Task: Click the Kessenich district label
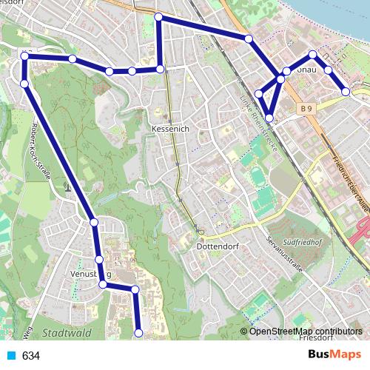(x=170, y=128)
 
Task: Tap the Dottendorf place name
(x=216, y=246)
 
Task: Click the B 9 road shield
(x=307, y=110)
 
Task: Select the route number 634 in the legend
(x=30, y=356)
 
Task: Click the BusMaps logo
(x=334, y=355)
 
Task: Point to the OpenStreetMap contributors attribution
(x=306, y=331)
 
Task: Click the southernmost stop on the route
(x=138, y=334)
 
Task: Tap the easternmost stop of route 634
(x=346, y=92)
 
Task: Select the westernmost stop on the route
(x=24, y=55)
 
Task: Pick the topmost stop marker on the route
(x=158, y=16)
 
